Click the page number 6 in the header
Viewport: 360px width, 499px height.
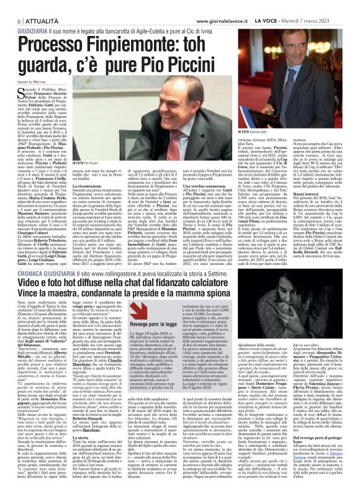[x=11, y=6]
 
